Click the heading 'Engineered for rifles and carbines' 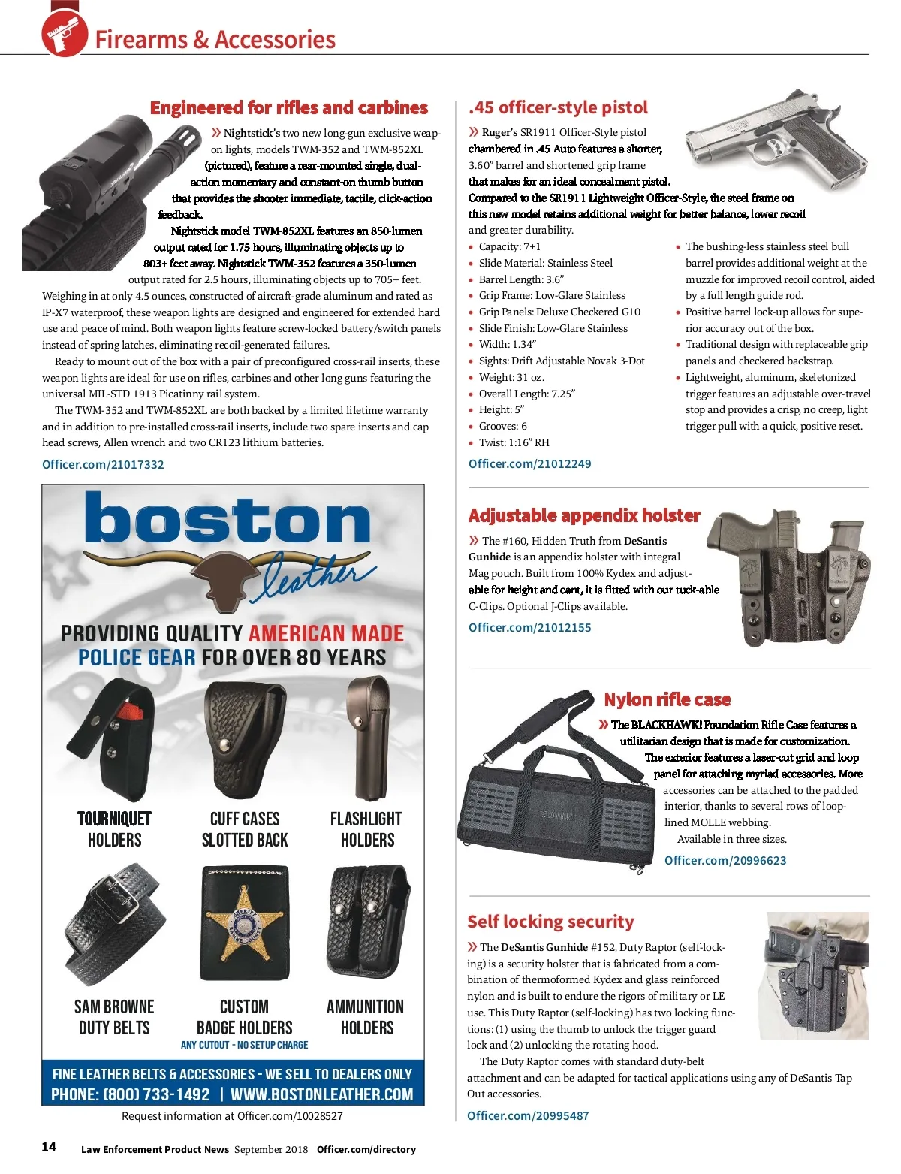[288, 107]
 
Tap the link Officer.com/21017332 [103, 464]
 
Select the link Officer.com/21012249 [529, 463]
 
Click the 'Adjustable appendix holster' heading [583, 515]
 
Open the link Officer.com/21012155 [529, 627]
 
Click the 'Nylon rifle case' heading [667, 699]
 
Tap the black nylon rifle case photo [556, 796]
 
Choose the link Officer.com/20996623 [725, 860]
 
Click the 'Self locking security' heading [550, 922]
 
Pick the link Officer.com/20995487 [528, 1115]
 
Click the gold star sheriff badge [244, 925]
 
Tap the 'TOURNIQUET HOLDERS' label [114, 829]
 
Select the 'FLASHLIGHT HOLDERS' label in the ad [366, 829]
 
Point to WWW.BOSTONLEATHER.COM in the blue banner [321, 1094]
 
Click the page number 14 [49, 1147]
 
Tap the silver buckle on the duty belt [115, 899]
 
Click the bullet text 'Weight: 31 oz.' [511, 377]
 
